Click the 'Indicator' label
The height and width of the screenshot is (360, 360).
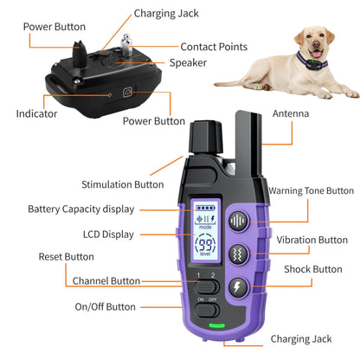(37, 113)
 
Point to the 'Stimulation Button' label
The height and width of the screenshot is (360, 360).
(122, 183)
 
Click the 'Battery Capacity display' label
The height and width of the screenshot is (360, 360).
(80, 209)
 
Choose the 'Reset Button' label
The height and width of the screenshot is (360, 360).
(66, 256)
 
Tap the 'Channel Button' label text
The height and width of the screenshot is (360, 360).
(106, 281)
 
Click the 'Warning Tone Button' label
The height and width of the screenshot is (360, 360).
(311, 190)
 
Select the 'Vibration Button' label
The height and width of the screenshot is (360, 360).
(309, 240)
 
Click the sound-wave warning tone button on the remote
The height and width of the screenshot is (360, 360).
(239, 221)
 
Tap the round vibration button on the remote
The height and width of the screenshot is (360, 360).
(239, 254)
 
